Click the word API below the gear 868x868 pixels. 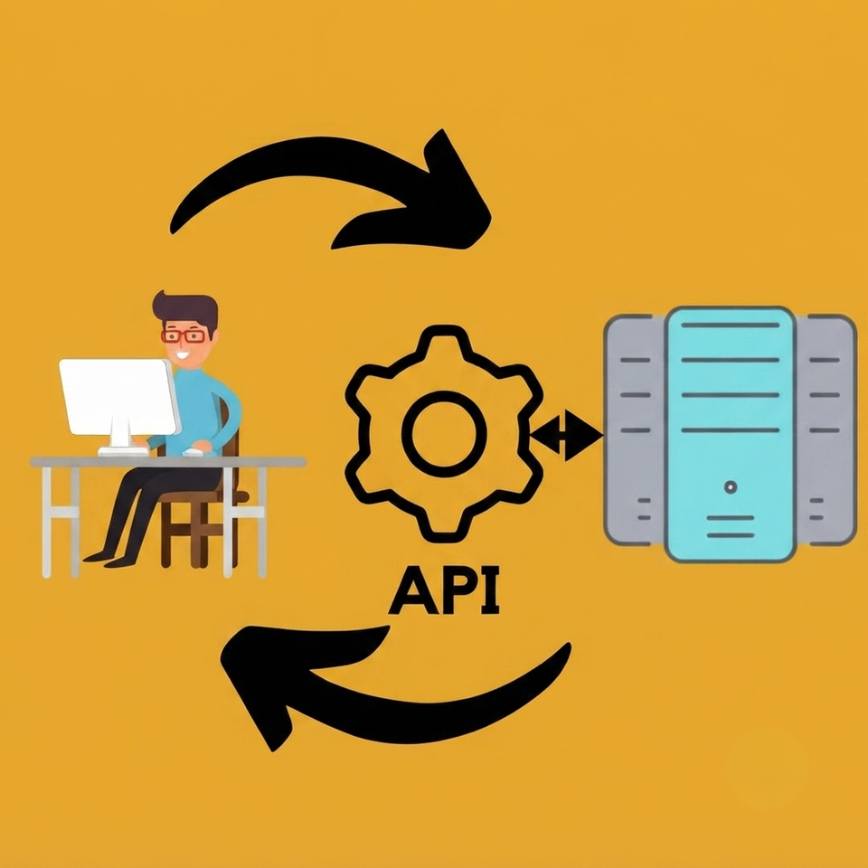pyautogui.click(x=444, y=590)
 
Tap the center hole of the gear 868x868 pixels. pyautogui.click(x=444, y=434)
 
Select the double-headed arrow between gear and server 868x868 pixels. pyautogui.click(x=566, y=435)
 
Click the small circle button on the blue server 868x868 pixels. pyautogui.click(x=731, y=487)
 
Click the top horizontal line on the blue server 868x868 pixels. pyautogui.click(x=731, y=325)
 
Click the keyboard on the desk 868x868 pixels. pyautogui.click(x=124, y=452)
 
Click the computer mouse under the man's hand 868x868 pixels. pyautogui.click(x=193, y=452)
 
